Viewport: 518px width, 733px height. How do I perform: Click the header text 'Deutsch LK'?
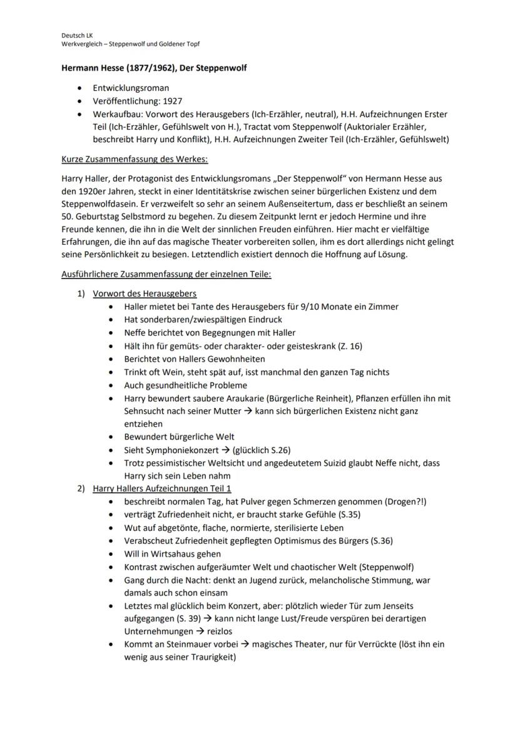click(76, 36)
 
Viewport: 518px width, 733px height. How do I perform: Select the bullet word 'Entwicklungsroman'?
click(131, 88)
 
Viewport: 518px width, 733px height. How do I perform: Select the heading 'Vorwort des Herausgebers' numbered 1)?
click(145, 293)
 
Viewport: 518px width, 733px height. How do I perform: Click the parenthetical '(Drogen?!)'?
click(405, 501)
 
